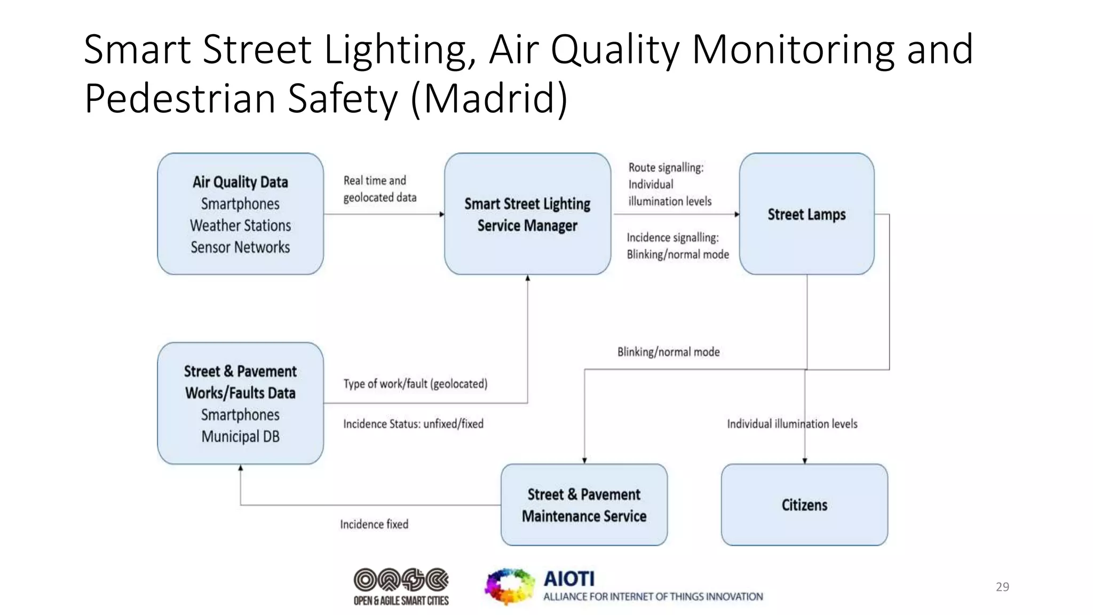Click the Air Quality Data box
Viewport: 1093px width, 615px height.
click(240, 214)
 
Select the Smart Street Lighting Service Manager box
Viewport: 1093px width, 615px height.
click(527, 214)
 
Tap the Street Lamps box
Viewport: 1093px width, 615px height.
click(806, 214)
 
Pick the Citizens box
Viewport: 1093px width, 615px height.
click(804, 504)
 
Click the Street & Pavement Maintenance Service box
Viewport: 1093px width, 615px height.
click(584, 504)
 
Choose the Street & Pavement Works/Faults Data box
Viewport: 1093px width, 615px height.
click(240, 403)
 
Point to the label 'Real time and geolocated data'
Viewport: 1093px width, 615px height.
click(379, 188)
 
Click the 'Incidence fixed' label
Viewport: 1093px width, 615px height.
click(374, 524)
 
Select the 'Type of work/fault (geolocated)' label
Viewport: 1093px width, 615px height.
click(415, 384)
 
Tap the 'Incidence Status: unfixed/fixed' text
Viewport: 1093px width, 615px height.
click(413, 424)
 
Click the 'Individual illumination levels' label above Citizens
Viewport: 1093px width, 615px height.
click(792, 424)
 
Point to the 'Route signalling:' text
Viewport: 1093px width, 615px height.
click(666, 168)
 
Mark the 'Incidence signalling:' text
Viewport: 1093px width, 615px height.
click(672, 238)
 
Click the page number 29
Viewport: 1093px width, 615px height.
click(1002, 587)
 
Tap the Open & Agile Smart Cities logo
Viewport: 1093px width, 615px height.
click(401, 586)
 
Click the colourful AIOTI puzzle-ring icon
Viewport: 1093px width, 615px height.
click(509, 586)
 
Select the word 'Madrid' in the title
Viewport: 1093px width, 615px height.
click(488, 98)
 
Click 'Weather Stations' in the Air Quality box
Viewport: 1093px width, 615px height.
click(240, 225)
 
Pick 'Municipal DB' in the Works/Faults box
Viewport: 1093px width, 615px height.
click(240, 437)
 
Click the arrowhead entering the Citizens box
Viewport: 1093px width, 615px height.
click(805, 461)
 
